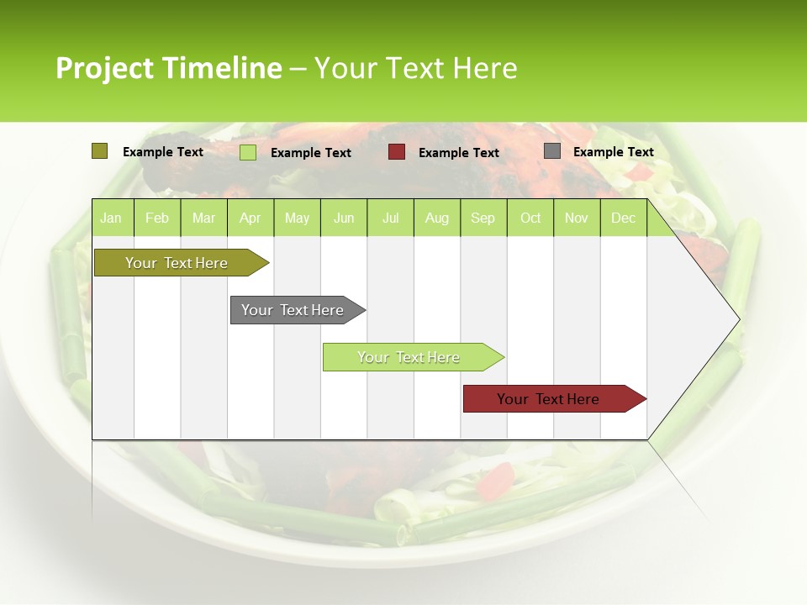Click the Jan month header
coord(111,218)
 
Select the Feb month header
coord(157,218)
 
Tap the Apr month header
coord(250,218)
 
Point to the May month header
coord(297,218)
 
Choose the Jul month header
coord(390,218)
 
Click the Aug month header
coord(436,218)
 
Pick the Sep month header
coord(483,218)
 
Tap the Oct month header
coord(530,218)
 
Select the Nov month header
coord(577,218)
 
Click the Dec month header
coord(623,218)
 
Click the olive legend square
coord(99,151)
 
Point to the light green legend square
coord(248,152)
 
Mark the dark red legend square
coord(397,151)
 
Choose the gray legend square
coord(552,151)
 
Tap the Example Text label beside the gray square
coord(613,152)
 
